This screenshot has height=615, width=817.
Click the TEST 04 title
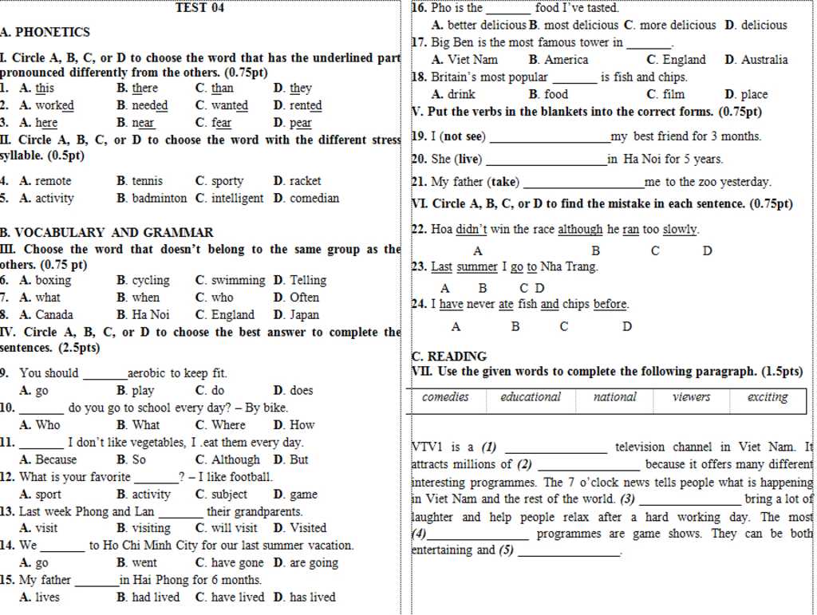199,8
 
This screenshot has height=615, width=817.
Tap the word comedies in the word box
445,397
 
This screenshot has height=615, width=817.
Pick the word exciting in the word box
768,397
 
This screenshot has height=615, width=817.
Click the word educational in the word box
531,397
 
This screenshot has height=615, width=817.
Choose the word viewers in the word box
691,397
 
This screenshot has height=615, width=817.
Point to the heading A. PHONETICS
45,33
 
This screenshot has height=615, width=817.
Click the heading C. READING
449,357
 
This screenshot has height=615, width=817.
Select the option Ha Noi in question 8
151,315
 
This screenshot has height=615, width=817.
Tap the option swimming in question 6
238,281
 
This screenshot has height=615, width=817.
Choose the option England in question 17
684,60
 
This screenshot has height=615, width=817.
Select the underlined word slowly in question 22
680,230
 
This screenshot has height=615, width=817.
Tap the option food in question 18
556,95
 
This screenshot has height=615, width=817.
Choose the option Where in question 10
229,425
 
